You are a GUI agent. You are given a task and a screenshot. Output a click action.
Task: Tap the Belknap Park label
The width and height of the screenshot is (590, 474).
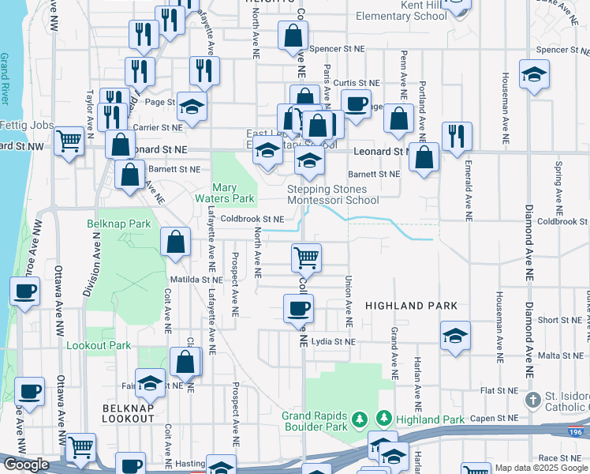click(x=118, y=224)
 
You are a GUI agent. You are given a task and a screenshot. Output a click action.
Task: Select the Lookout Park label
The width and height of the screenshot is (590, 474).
click(x=99, y=345)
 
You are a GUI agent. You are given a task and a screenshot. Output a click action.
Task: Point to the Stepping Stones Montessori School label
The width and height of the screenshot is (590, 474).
click(x=327, y=195)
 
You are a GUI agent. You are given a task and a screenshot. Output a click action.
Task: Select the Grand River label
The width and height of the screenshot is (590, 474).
click(x=5, y=79)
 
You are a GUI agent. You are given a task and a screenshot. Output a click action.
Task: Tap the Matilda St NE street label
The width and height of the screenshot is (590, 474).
click(x=196, y=279)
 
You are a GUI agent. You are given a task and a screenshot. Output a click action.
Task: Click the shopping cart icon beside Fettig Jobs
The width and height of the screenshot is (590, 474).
click(x=69, y=141)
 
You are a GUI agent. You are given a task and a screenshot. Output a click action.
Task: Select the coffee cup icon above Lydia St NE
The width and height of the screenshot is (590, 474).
click(x=299, y=308)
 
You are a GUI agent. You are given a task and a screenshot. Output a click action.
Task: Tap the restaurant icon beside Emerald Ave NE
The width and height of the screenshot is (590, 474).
click(x=457, y=136)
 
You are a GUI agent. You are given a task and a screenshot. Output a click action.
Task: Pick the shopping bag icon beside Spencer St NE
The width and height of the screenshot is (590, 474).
click(x=293, y=36)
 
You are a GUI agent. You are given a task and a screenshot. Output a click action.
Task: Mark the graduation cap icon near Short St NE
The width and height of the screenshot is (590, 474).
click(x=455, y=335)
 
